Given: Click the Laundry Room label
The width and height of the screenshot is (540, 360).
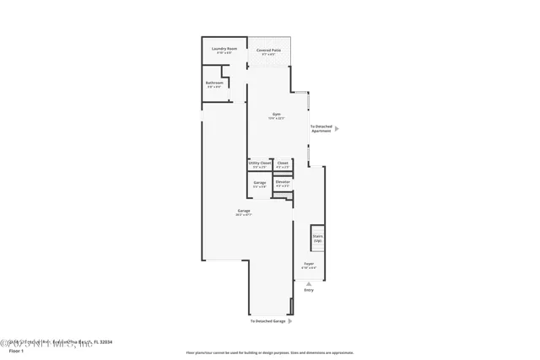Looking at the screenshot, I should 224,49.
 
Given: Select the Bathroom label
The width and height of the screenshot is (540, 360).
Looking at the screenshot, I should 215,83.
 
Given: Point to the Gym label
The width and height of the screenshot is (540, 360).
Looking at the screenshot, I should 276,115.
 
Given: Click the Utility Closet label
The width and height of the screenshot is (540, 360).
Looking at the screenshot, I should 260,163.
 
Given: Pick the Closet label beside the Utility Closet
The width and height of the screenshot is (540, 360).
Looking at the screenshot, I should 283,163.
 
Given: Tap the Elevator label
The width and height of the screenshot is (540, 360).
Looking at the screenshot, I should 283,182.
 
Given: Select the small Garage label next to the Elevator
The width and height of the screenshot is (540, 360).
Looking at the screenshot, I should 260,182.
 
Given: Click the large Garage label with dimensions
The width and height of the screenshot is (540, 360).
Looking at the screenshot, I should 243,211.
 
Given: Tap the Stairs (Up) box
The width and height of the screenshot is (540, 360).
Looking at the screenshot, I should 318,238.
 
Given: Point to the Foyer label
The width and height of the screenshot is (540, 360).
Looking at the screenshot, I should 309,264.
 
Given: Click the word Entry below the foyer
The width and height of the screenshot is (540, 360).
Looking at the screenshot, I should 309,290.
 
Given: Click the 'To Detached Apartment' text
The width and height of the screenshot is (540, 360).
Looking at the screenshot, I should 321,128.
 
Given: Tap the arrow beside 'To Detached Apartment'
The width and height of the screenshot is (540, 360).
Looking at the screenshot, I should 337,128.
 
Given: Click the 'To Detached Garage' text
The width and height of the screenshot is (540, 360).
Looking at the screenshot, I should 267,321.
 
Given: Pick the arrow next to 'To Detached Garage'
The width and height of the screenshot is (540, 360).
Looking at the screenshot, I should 290,321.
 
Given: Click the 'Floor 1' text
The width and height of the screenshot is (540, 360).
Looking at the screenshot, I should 16,350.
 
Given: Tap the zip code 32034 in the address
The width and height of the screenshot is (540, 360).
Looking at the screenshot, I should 105,341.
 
